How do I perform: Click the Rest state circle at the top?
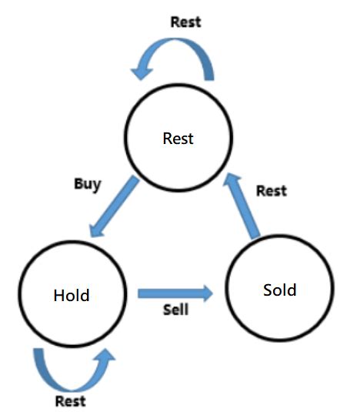coord(178,139)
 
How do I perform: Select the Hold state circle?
coord(72,295)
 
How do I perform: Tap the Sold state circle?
coord(279,291)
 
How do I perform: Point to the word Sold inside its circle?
coord(279,290)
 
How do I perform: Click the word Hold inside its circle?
coord(72,295)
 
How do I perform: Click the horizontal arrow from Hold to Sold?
coord(174,293)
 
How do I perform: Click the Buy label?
coord(87,184)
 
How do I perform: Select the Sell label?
coord(176,312)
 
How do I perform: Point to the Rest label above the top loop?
coord(185,22)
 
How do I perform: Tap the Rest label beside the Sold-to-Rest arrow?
coord(271,190)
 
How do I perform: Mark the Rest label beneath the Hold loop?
coord(70,400)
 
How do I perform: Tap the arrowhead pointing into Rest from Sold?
coord(229,183)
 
